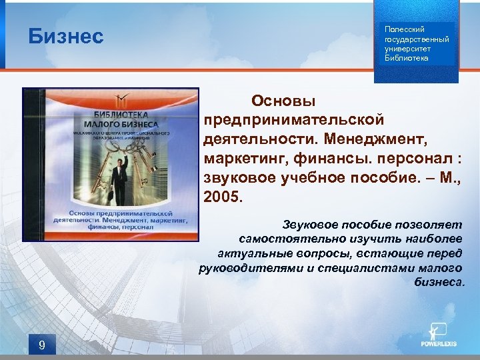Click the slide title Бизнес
point(66,36)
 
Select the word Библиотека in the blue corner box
point(407,58)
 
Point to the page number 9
point(42,345)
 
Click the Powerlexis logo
point(439,336)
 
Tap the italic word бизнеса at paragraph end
point(438,282)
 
